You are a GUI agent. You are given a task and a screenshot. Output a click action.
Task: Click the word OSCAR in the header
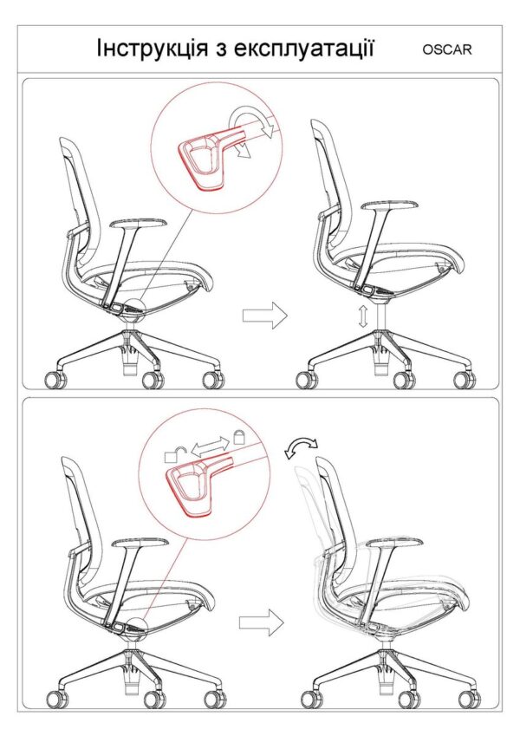coord(447,49)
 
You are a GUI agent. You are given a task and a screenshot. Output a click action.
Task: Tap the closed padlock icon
coord(239,437)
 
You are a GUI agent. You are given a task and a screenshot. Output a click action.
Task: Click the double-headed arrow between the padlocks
coord(210,446)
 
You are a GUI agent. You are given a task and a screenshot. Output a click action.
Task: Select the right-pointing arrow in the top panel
coord(264,315)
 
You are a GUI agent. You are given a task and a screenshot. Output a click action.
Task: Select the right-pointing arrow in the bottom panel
coord(262,623)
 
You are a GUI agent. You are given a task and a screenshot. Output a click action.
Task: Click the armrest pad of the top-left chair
coord(140,225)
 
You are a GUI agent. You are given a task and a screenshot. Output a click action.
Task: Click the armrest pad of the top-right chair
coord(389,206)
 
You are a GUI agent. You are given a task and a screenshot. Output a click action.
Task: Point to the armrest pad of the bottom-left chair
coord(140,544)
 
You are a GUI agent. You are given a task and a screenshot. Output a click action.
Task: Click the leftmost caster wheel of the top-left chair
coord(55,380)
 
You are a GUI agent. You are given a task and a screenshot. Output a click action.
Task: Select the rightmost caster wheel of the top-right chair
coord(465,380)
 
